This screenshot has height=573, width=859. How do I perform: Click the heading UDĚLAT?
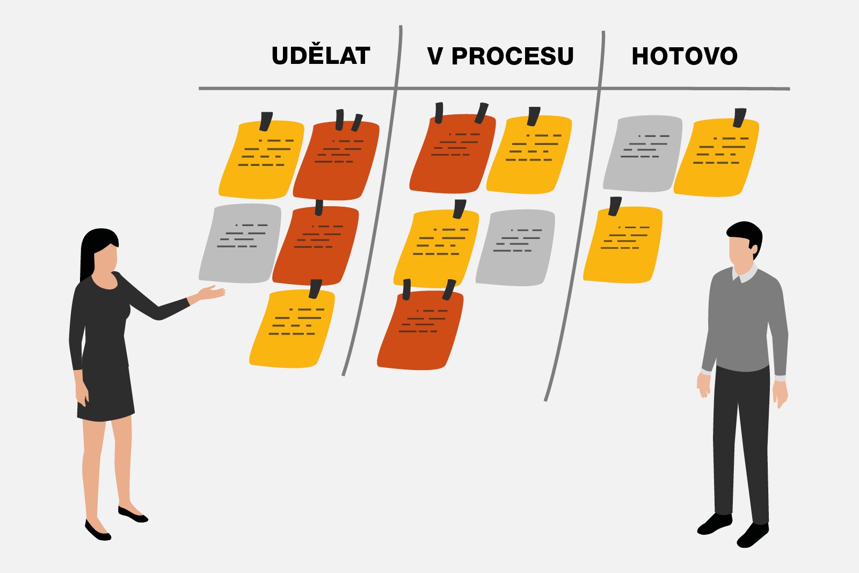coord(321,56)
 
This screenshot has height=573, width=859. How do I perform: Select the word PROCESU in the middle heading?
coord(512,56)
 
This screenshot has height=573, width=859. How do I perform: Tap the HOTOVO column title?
coord(684,56)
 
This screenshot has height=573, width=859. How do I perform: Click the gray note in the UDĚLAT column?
coord(241,243)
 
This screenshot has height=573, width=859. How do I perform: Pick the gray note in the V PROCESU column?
coord(515,248)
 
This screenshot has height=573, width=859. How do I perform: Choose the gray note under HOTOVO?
coord(643,153)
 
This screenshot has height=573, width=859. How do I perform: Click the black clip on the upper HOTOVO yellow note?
coord(740,118)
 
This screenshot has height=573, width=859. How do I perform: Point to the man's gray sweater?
coord(744,322)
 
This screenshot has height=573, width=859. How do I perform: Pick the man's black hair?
coord(744,231)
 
